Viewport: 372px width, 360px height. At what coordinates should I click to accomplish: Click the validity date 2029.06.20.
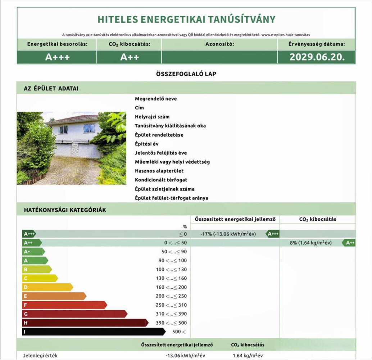coord(316,57)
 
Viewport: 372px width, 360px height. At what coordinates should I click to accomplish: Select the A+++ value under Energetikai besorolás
coord(57,57)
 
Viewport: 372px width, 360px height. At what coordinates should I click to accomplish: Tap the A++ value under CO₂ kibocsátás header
coord(129,57)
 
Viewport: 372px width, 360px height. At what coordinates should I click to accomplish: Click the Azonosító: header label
coord(219,45)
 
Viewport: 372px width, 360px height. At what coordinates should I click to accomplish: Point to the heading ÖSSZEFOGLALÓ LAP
coord(186,74)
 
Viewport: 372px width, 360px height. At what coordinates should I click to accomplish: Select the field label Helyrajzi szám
coord(152,117)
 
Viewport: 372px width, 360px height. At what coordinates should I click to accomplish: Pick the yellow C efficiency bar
coord(40,278)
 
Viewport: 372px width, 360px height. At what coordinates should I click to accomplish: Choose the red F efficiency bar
coord(65,305)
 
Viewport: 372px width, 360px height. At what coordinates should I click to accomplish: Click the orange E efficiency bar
coord(54,296)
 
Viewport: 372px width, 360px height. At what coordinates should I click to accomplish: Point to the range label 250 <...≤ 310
coord(171,305)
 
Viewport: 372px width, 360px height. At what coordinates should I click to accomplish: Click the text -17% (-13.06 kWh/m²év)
coord(228,234)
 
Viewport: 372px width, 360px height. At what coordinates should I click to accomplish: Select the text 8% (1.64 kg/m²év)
coord(310,243)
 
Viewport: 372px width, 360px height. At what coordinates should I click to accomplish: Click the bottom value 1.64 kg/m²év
coord(247,355)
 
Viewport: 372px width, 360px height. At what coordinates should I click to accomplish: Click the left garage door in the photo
coord(63,150)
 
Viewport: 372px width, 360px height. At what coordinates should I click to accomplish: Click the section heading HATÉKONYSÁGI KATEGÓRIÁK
coord(65,210)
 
